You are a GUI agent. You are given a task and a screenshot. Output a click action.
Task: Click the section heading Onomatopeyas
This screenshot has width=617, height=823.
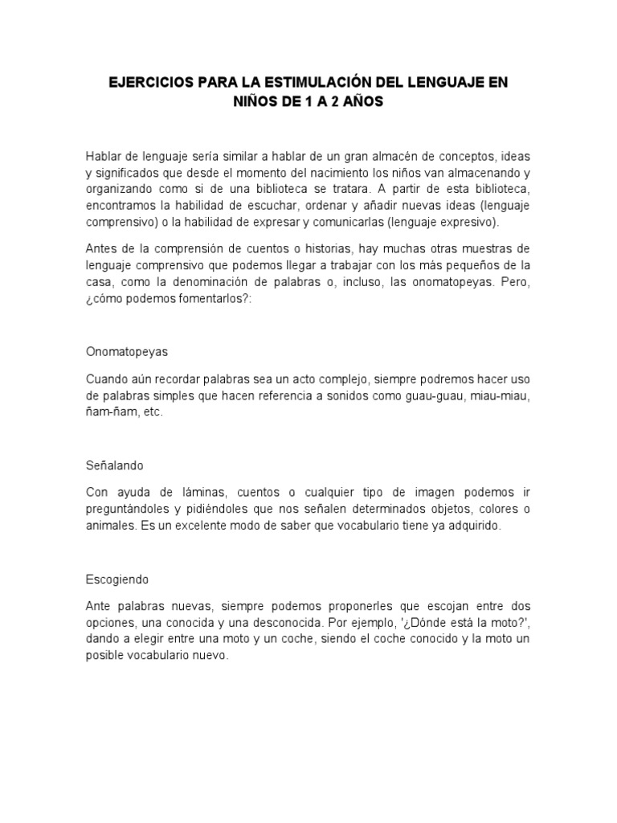pos(125,352)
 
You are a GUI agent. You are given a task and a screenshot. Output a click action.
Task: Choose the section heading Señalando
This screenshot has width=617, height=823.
pos(114,465)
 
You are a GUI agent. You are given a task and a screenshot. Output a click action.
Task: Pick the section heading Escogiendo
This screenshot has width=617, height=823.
pos(116,579)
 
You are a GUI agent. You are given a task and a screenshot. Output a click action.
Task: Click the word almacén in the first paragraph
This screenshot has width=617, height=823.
pos(388,156)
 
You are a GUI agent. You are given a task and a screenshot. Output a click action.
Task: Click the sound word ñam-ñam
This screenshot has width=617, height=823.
pos(111,413)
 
